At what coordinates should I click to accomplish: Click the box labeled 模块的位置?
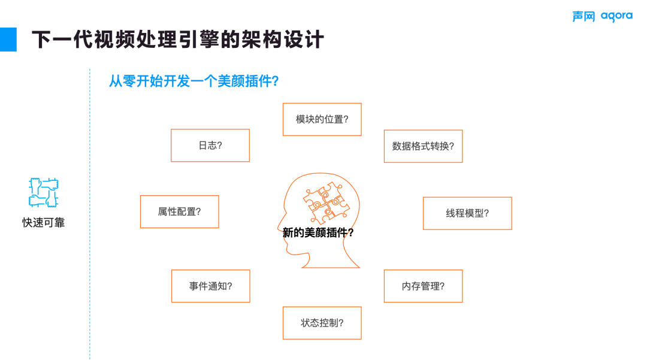pyautogui.click(x=322, y=119)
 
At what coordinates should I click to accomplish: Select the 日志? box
pyautogui.click(x=210, y=146)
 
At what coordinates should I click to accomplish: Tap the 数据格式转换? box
pyautogui.click(x=423, y=146)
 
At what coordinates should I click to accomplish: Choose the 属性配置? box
pyautogui.click(x=179, y=211)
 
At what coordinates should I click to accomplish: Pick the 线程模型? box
pyautogui.click(x=467, y=213)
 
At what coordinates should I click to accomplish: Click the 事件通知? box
pyautogui.click(x=210, y=286)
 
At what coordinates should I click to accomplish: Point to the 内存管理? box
pyautogui.click(x=423, y=286)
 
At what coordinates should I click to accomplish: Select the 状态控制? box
pyautogui.click(x=322, y=323)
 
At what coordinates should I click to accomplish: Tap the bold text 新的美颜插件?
pyautogui.click(x=318, y=233)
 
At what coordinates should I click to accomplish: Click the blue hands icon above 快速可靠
pyautogui.click(x=43, y=192)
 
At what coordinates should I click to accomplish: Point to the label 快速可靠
pyautogui.click(x=43, y=223)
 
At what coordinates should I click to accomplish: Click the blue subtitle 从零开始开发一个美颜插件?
pyautogui.click(x=194, y=81)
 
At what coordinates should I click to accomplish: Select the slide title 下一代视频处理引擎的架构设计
pyautogui.click(x=177, y=40)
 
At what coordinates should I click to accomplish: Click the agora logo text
pyautogui.click(x=616, y=16)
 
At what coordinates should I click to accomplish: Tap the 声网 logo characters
pyautogui.click(x=583, y=16)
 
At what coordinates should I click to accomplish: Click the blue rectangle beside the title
pyautogui.click(x=8, y=39)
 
